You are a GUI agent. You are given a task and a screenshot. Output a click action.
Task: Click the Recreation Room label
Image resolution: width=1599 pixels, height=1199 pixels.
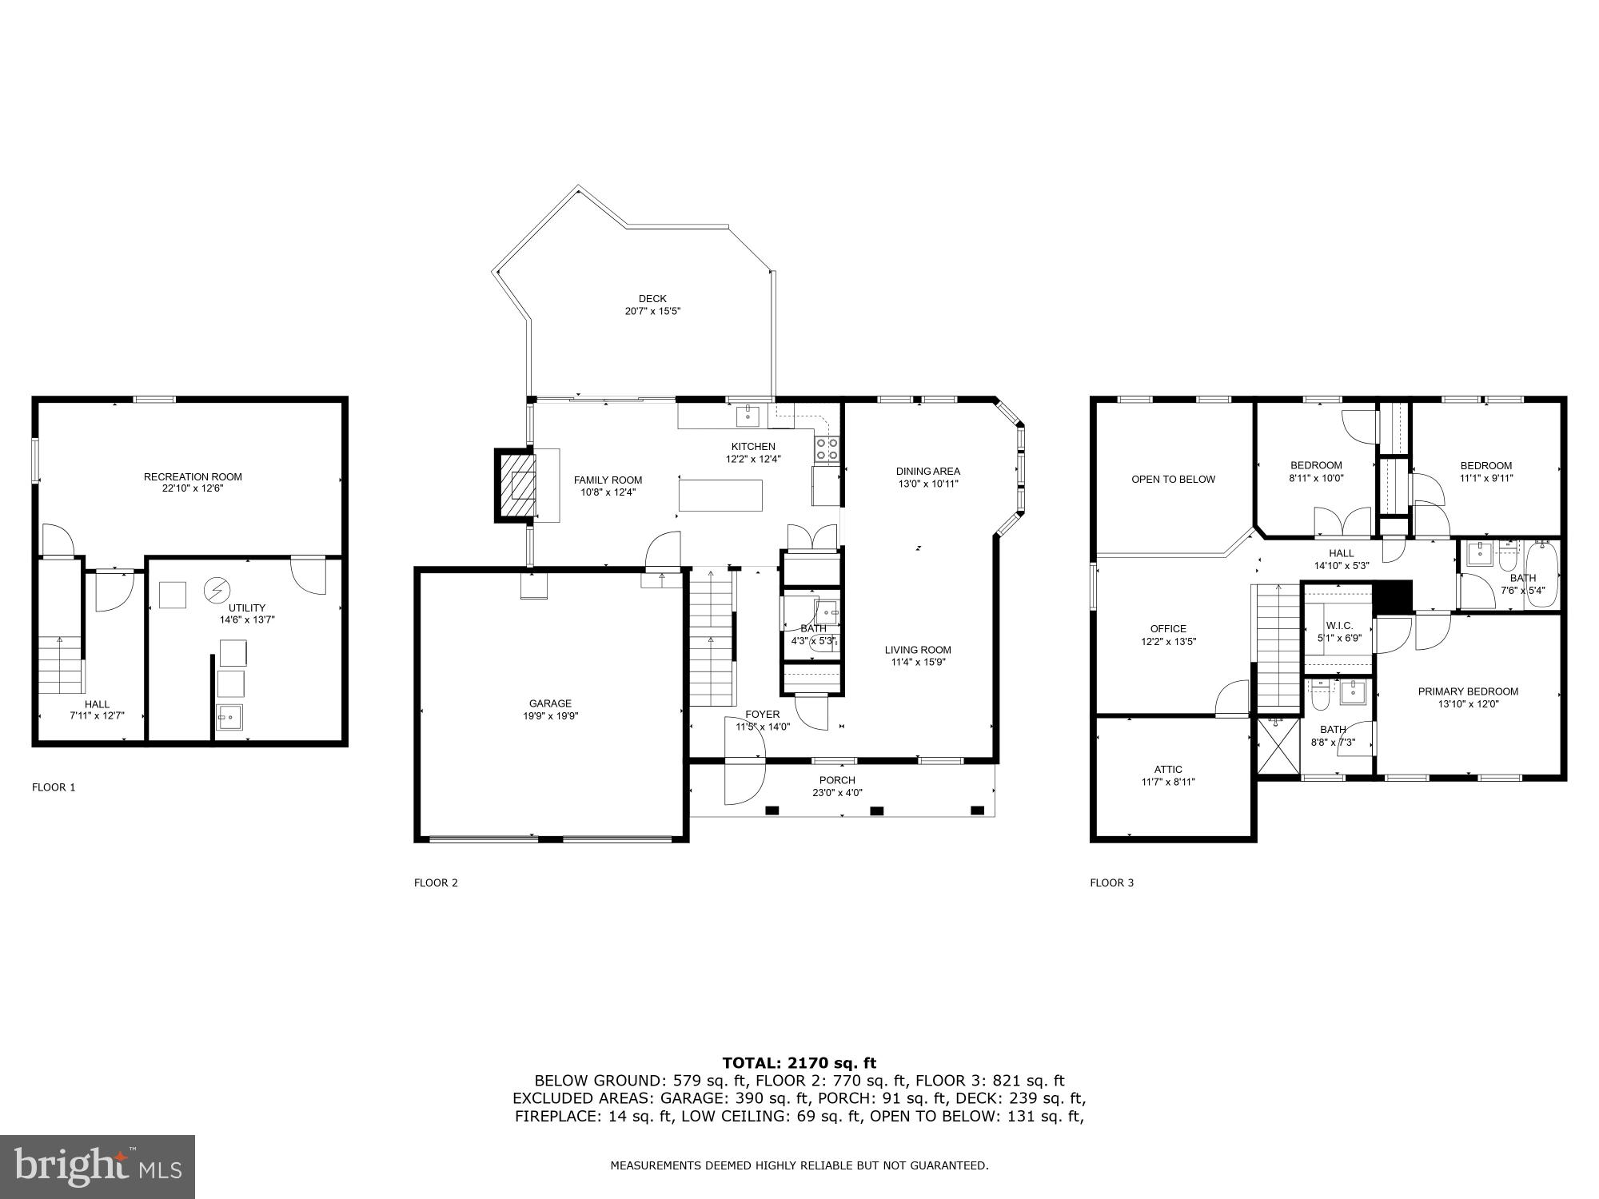coord(193,476)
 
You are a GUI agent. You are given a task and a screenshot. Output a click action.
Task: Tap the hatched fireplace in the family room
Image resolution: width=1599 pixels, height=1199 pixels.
coord(516,485)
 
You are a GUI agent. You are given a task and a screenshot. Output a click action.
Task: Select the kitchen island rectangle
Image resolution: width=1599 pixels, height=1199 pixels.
coord(720,495)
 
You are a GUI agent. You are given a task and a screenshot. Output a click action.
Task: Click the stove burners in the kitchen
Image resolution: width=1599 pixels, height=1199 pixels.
coord(827,450)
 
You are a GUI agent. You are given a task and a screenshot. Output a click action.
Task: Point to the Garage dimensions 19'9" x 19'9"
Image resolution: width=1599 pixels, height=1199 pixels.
coord(551,716)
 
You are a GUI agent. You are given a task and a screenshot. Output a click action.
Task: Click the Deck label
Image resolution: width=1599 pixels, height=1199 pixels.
coord(652,299)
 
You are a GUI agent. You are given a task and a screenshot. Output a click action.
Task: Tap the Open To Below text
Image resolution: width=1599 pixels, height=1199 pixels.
coord(1173,480)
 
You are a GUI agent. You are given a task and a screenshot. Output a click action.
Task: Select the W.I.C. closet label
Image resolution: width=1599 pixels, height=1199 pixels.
coord(1339,625)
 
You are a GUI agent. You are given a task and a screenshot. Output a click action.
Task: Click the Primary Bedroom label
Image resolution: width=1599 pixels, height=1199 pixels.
coord(1468,691)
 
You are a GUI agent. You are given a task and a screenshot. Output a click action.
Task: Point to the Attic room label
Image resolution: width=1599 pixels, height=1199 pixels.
coord(1168,770)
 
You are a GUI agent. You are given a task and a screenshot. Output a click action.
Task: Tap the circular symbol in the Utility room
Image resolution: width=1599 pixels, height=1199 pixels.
coord(216,590)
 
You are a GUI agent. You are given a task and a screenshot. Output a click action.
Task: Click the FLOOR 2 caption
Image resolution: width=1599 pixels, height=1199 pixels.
coord(436,882)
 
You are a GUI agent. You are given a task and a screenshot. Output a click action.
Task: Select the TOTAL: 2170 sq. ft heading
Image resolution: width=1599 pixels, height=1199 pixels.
coord(799,1062)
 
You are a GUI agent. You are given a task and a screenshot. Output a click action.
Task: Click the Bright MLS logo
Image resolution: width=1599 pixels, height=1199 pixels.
coord(98,1166)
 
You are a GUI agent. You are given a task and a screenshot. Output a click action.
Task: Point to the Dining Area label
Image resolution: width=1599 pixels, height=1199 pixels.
coord(927,471)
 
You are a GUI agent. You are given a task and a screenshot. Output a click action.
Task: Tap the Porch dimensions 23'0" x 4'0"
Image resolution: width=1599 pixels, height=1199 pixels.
coord(837,793)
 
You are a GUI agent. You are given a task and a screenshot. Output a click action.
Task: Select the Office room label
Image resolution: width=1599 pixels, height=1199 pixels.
coord(1168,628)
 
